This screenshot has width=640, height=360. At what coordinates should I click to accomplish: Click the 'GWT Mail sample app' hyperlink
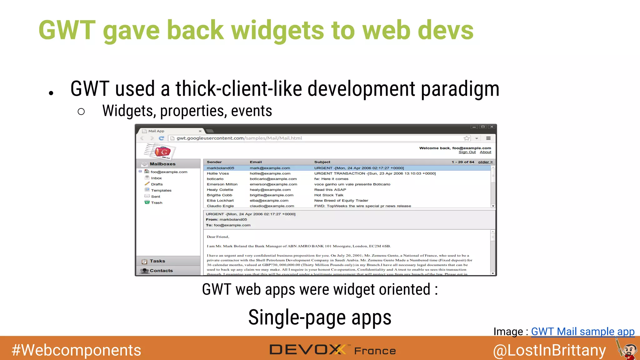(582, 331)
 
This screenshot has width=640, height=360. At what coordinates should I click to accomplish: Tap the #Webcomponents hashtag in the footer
(76, 350)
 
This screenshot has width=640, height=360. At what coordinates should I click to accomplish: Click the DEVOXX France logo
(332, 350)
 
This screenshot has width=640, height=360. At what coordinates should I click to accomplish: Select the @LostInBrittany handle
(549, 350)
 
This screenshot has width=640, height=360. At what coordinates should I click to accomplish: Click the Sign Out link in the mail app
(467, 152)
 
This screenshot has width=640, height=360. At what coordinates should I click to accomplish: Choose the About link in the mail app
(485, 152)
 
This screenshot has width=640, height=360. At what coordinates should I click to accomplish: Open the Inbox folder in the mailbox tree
(156, 178)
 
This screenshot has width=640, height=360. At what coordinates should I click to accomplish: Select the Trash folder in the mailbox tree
(157, 203)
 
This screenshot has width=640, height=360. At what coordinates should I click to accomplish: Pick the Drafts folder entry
(157, 184)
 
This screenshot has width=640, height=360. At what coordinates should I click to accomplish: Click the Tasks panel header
(157, 261)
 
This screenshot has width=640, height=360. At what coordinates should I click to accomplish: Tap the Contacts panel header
(161, 271)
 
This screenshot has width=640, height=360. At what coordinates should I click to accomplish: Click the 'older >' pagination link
(485, 162)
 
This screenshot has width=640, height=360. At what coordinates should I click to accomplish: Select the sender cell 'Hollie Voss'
(218, 173)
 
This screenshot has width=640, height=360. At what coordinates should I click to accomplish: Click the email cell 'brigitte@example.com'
(272, 195)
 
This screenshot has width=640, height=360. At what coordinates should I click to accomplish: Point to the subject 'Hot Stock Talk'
(329, 195)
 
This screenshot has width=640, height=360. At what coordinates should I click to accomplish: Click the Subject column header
(322, 162)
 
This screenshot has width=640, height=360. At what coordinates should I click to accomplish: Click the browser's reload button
(161, 138)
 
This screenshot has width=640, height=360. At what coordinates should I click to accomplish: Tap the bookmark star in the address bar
(467, 138)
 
